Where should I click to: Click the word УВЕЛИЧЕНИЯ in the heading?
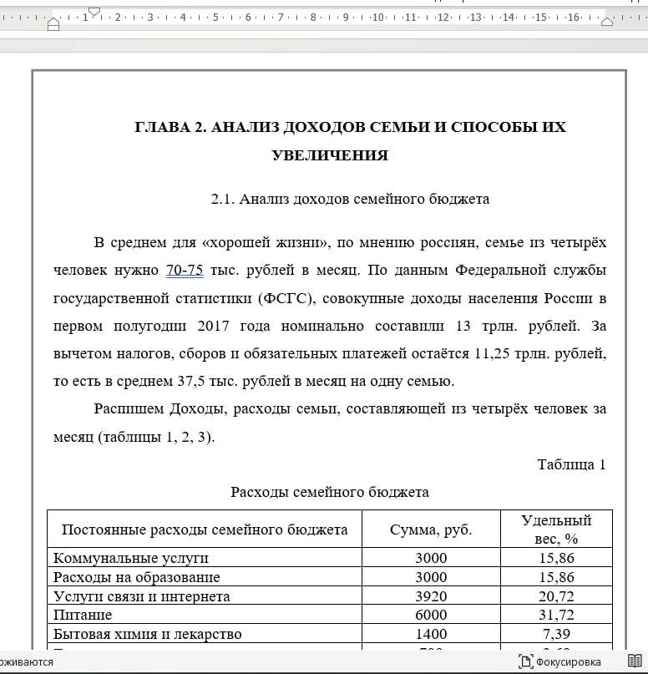(330, 155)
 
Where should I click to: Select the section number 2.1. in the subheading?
(223, 199)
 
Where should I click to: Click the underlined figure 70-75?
(185, 270)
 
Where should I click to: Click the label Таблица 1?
(571, 464)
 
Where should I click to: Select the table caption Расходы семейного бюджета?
(330, 492)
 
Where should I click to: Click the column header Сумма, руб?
(431, 530)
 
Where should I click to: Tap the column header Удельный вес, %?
(556, 530)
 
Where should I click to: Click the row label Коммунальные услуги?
(131, 558)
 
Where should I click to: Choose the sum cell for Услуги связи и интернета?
(431, 596)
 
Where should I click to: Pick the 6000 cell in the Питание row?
(431, 615)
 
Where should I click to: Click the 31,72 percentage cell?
(556, 615)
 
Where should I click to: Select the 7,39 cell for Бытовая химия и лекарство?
(556, 634)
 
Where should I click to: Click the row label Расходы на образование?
(137, 577)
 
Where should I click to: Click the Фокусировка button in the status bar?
(559, 662)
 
